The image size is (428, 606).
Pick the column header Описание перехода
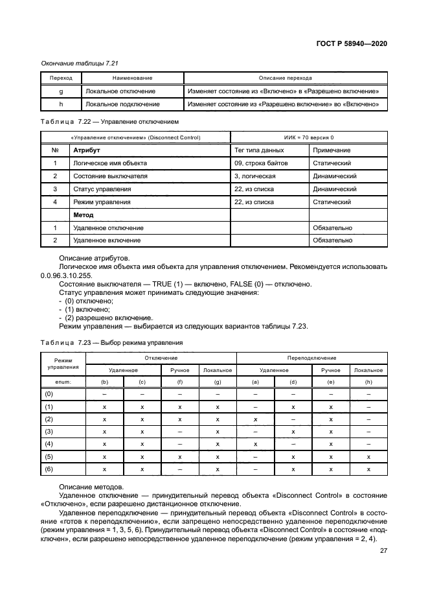[x=285, y=77]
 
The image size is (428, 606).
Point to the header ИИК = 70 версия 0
[x=309, y=137]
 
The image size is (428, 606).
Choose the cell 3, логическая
[x=255, y=176]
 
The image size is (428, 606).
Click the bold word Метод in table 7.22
[x=84, y=215]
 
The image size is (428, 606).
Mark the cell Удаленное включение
[x=108, y=240]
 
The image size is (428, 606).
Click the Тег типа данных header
[x=258, y=150]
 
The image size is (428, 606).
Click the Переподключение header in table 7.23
[x=311, y=358]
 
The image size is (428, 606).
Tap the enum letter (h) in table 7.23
[x=368, y=382]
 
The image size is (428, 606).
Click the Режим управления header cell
[x=63, y=363]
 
